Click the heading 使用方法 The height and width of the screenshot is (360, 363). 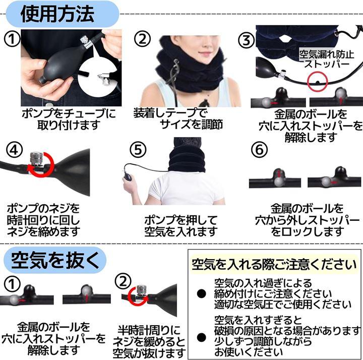pyautogui.click(x=57, y=14)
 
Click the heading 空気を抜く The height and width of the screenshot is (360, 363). pyautogui.click(x=55, y=260)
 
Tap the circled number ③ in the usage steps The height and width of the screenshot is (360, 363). pyautogui.click(x=246, y=40)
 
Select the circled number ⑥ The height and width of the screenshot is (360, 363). pyautogui.click(x=259, y=149)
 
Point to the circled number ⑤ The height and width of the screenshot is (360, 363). pyautogui.click(x=138, y=149)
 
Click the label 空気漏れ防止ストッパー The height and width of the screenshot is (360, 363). pyautogui.click(x=327, y=59)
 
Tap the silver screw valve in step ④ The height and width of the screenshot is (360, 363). pyautogui.click(x=36, y=159)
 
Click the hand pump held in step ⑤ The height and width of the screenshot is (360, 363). pyautogui.click(x=129, y=176)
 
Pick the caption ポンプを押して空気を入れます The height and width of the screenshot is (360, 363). pyautogui.click(x=181, y=226)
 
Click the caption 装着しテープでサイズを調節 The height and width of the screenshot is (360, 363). pyautogui.click(x=178, y=118)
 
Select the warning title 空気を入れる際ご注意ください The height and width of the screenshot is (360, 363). pyautogui.click(x=274, y=264)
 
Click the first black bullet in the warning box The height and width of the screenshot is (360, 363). pyautogui.click(x=201, y=293)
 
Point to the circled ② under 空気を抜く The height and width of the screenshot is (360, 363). pyautogui.click(x=123, y=281)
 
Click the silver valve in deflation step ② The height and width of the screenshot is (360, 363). pyautogui.click(x=141, y=292)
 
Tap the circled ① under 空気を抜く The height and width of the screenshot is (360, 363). pyautogui.click(x=12, y=284)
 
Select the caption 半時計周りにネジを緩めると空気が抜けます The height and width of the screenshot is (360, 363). pyautogui.click(x=149, y=342)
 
